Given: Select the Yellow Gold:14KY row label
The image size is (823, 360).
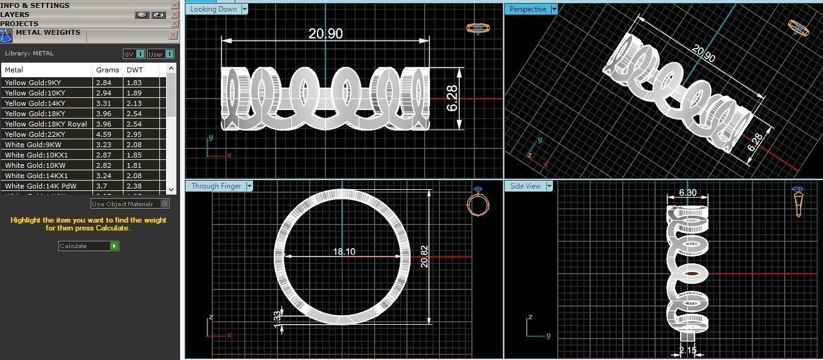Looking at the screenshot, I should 35,103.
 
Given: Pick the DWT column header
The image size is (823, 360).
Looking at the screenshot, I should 134,70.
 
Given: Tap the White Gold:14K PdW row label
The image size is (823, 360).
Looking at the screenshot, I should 41,186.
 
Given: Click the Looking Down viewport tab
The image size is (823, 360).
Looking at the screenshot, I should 213,9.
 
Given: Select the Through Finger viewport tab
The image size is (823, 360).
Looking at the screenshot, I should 216,186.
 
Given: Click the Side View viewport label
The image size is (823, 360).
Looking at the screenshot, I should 525,186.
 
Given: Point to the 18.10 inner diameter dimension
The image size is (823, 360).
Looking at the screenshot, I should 344,251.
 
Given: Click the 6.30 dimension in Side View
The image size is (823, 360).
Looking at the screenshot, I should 688,192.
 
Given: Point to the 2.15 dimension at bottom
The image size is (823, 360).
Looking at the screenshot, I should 688,350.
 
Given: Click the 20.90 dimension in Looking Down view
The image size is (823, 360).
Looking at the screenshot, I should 325,34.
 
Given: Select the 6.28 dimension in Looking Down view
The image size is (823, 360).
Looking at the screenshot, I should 452,98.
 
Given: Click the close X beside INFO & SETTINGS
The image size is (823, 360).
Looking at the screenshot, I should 175,5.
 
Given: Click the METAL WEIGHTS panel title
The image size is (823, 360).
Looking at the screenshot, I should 47,32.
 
